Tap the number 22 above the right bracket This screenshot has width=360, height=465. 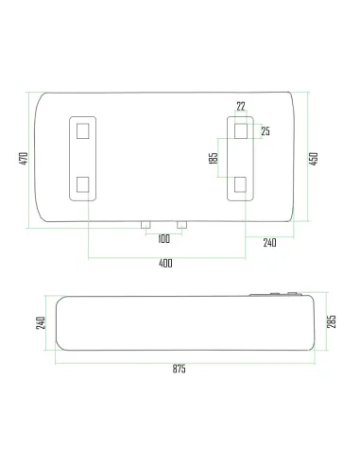[241, 107]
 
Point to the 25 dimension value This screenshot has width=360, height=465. [266, 130]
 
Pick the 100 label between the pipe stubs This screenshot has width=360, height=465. [164, 237]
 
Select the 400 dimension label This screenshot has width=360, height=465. [166, 263]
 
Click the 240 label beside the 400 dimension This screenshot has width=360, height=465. [269, 243]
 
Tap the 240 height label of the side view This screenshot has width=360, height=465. [41, 322]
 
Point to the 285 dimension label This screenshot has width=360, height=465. [331, 322]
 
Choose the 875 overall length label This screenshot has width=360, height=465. [179, 368]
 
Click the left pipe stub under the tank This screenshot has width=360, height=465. [146, 226]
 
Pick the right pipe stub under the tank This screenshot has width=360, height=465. [182, 226]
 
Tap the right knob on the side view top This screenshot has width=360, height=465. [293, 294]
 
